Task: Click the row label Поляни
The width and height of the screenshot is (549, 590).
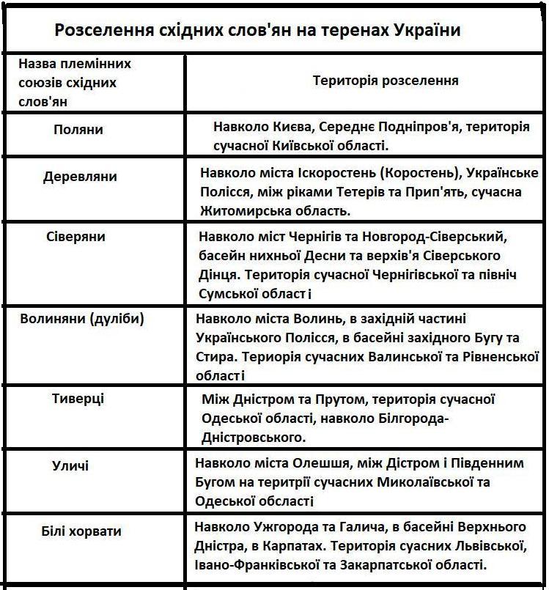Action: click(x=78, y=130)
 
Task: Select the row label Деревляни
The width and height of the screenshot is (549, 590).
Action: click(x=80, y=177)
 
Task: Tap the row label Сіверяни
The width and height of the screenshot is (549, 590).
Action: click(x=75, y=237)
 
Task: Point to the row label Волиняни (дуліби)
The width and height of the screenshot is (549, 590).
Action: click(x=82, y=319)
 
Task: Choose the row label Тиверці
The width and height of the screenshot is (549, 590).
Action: click(x=78, y=399)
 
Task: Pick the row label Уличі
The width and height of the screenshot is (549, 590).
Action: click(x=70, y=465)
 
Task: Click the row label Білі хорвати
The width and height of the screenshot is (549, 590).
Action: click(x=81, y=531)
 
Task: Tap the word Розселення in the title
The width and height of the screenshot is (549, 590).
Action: click(x=101, y=32)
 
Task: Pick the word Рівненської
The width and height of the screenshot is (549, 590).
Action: click(x=495, y=357)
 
